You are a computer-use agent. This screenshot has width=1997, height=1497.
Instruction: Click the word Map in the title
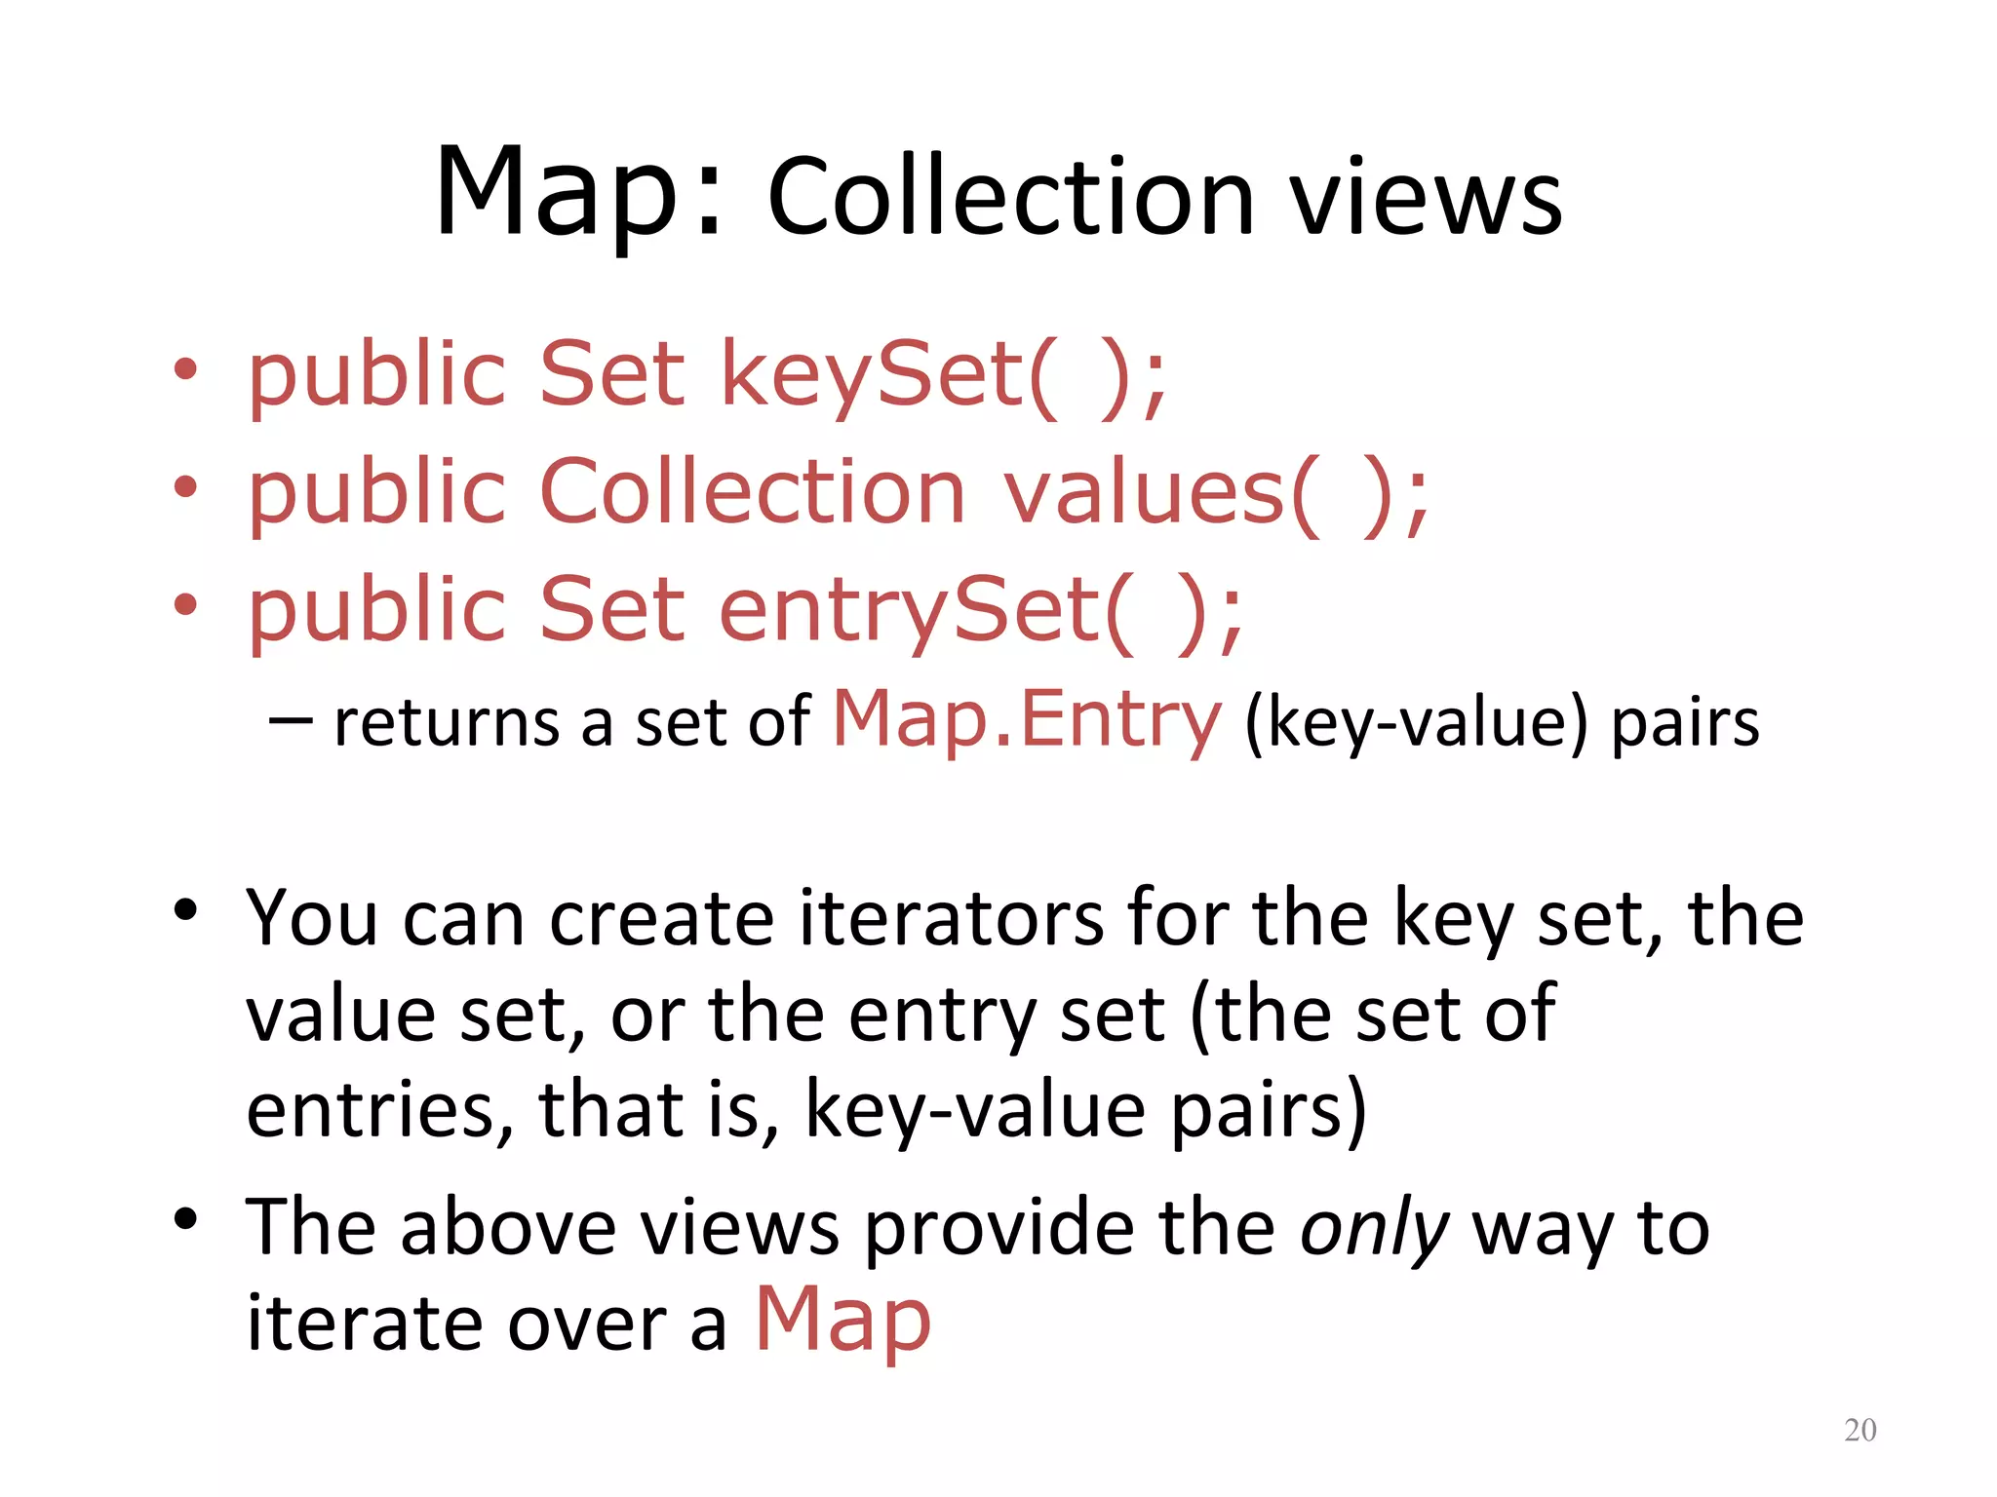click(556, 193)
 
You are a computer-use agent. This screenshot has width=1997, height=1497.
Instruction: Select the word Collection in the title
click(1010, 199)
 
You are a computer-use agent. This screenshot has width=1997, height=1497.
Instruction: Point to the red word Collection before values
click(751, 492)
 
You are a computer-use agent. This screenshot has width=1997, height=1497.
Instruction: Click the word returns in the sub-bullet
click(447, 723)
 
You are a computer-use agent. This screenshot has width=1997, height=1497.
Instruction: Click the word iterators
click(952, 918)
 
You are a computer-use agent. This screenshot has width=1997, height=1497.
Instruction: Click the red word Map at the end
click(843, 1322)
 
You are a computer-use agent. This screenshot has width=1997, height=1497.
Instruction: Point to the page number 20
click(1860, 1430)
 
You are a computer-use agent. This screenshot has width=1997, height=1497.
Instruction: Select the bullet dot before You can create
click(185, 910)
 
